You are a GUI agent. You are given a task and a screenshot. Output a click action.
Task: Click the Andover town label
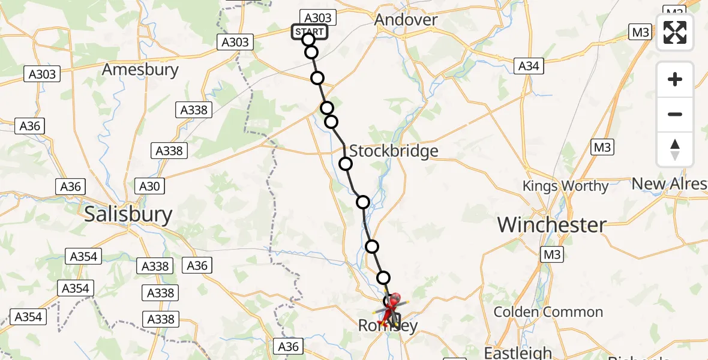click(406, 20)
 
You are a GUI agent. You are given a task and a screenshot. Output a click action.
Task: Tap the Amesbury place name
click(140, 70)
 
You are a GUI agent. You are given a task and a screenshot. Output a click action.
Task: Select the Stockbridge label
click(394, 151)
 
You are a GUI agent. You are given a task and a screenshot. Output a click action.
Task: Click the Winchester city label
click(551, 225)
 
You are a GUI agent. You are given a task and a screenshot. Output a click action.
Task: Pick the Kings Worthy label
click(565, 186)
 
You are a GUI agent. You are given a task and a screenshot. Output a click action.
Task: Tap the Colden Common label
click(548, 312)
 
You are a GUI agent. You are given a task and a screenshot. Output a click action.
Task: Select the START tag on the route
click(310, 32)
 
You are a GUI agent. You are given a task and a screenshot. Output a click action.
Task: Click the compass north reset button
click(675, 149)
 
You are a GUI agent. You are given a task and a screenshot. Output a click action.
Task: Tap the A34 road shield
click(529, 66)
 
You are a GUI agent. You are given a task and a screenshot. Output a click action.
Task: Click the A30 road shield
click(149, 187)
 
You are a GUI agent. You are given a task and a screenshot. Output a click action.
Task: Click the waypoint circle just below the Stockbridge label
click(346, 164)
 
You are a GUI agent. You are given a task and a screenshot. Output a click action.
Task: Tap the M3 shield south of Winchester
click(551, 254)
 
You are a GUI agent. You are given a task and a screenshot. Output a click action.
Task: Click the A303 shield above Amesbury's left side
click(42, 74)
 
